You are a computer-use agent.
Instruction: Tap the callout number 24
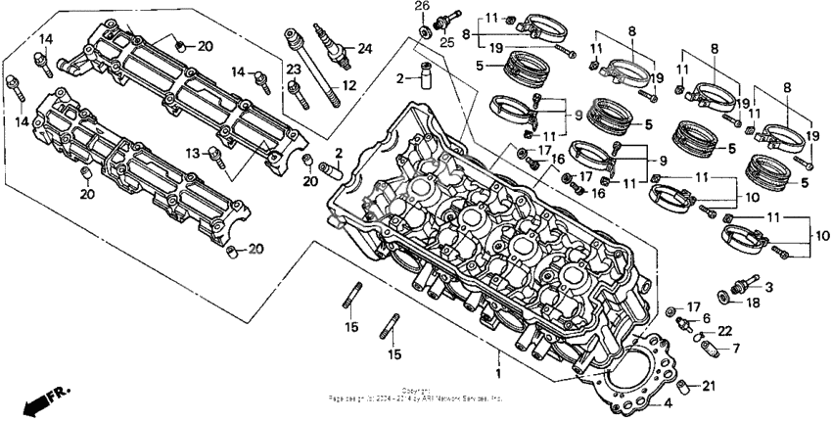pos(365,48)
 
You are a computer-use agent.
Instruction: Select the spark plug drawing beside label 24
pos(327,45)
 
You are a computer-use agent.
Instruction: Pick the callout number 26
pos(422,7)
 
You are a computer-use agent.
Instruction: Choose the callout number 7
pos(737,347)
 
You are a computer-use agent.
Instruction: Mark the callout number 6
pos(707,318)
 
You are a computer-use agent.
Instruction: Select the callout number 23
pos(291,69)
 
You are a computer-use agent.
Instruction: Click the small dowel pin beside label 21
pos(688,384)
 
